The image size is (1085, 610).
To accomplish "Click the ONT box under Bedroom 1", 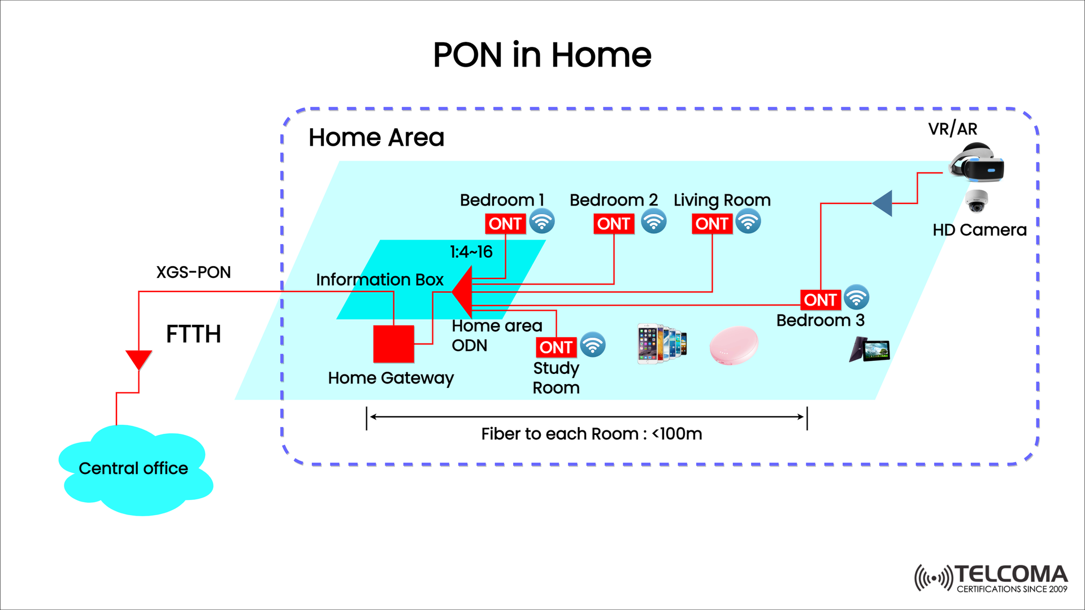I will click(505, 224).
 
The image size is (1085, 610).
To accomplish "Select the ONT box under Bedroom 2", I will click(613, 224).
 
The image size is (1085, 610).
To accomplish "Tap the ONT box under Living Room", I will click(711, 224).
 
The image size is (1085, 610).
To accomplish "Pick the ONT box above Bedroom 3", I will click(820, 299).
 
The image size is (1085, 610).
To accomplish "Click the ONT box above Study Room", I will click(555, 347).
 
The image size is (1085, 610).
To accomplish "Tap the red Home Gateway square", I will click(393, 343).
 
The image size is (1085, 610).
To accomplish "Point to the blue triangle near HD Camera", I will click(884, 203).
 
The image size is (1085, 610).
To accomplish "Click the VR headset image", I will click(976, 163).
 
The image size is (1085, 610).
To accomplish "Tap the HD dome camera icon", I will click(976, 201).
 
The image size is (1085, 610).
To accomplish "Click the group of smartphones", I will click(662, 343).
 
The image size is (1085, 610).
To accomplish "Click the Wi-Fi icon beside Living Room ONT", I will click(748, 221).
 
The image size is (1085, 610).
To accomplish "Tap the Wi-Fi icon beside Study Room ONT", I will click(593, 345).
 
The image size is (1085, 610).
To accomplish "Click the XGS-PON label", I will click(193, 272).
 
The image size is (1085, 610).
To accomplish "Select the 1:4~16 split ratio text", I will click(471, 252).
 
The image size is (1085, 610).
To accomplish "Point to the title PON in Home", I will click(542, 55).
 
